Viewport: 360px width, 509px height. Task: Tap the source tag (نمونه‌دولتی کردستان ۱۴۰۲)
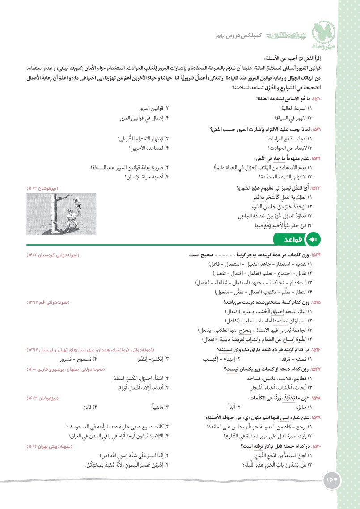53,254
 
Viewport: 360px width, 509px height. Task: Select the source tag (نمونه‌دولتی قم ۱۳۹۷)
47,302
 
